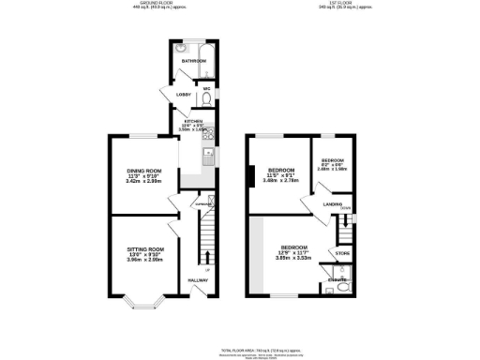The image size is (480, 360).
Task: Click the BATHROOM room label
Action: pos(194,62)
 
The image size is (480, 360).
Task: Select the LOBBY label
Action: pos(172,95)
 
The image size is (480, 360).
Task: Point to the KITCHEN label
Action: pos(194,122)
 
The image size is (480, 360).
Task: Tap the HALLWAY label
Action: pos(198,280)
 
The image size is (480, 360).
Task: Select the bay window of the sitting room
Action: pos(142,301)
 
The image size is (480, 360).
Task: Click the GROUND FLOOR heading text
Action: pos(149,4)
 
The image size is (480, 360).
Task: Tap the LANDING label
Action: pos(332,203)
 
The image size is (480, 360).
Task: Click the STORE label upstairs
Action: pos(343,253)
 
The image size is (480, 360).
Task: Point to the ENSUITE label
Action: pos(338,279)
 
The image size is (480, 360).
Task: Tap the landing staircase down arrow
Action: pos(346,210)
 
